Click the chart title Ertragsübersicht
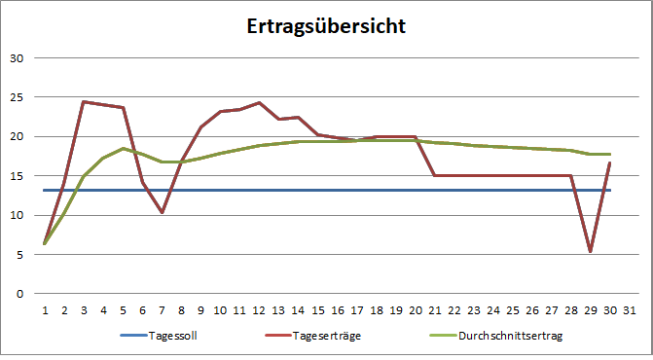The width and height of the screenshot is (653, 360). pos(326,26)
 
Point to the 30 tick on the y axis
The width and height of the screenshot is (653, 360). pos(16,57)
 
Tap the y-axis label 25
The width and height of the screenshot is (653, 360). pos(16,97)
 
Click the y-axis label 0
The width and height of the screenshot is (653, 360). pos(18,293)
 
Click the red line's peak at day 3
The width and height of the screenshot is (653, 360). pos(84,101)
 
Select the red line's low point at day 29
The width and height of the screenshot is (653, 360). pos(591,251)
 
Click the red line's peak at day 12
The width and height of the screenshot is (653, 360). pos(260,102)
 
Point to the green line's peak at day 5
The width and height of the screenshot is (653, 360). pos(123,148)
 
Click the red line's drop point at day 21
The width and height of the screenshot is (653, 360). pos(435,175)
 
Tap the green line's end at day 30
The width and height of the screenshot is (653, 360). pos(610,154)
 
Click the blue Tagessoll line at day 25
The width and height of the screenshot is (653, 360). pos(513,190)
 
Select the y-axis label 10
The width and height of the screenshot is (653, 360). pos(16,215)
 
